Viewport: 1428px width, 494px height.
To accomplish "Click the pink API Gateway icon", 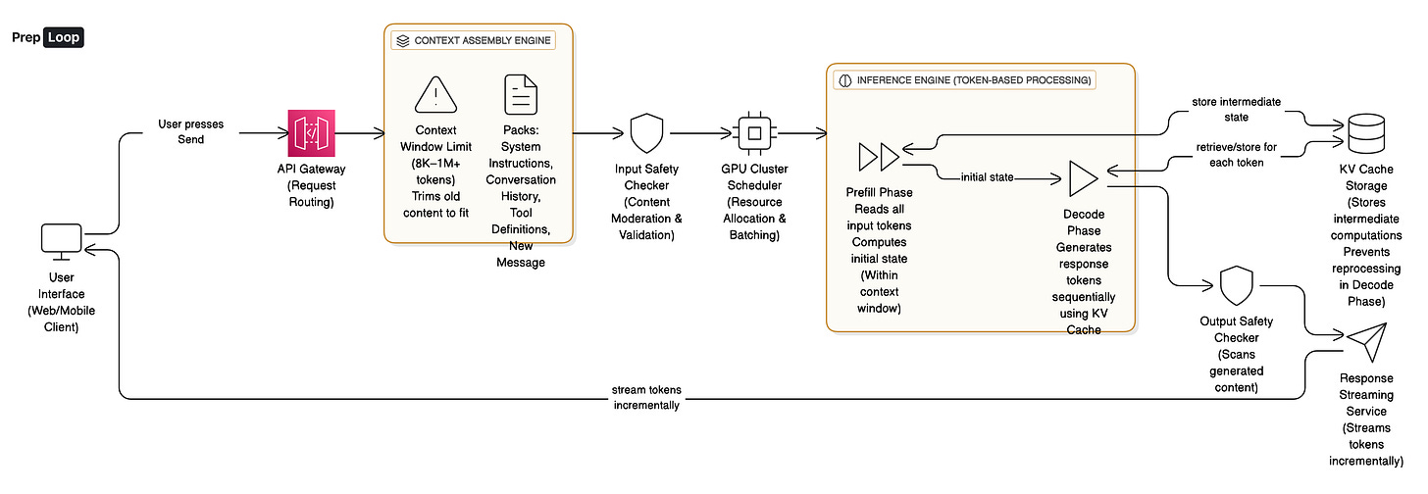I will click(x=311, y=132).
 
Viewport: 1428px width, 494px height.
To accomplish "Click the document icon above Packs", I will click(x=521, y=95).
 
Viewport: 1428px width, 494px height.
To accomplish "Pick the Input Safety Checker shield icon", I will click(x=645, y=132).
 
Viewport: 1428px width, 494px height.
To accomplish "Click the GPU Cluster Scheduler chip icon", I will click(x=753, y=132).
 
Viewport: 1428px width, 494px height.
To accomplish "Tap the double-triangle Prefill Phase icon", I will click(x=878, y=157).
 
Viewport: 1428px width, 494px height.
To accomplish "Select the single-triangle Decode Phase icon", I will click(x=1084, y=179).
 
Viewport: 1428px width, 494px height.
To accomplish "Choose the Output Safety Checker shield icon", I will click(x=1236, y=287).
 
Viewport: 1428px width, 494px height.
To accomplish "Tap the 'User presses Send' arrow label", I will click(x=191, y=132).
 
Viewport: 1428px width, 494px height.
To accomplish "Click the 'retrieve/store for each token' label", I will click(x=1235, y=154).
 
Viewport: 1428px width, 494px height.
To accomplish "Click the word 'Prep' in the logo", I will click(x=26, y=37).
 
